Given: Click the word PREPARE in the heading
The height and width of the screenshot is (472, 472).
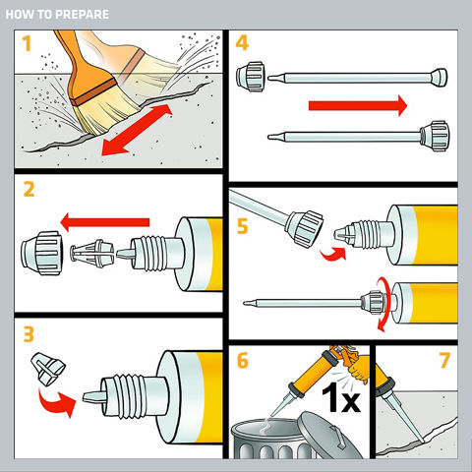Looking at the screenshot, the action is [x=82, y=15].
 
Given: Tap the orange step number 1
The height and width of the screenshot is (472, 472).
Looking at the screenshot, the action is [x=27, y=44].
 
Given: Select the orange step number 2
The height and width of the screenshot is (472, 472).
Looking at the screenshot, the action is [x=29, y=190].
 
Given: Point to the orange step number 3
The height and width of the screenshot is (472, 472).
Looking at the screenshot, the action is [x=29, y=334].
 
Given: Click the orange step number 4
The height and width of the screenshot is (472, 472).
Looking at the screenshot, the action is [x=242, y=42].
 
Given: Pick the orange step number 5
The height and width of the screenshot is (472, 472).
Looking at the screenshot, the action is [x=242, y=226].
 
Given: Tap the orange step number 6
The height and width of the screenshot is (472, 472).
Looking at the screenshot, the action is [x=243, y=360].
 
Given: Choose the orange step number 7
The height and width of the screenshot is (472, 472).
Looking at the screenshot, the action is [x=444, y=360].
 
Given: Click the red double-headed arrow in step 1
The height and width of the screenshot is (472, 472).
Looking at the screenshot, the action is [x=137, y=130].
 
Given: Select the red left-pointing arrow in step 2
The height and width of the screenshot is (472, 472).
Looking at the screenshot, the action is [x=105, y=222].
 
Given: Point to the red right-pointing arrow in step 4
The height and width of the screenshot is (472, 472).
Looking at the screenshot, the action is [x=358, y=105].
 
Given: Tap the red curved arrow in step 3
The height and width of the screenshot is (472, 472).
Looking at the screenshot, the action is [x=57, y=402].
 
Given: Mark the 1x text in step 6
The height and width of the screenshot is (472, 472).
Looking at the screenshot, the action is [x=341, y=397].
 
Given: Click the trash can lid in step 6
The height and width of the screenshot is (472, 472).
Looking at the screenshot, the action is [x=329, y=436].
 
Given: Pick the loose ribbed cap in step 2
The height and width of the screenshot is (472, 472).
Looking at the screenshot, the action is [x=42, y=253].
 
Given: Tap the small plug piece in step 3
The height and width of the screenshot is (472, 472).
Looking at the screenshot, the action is [x=48, y=369].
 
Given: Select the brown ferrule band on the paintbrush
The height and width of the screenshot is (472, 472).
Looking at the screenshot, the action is [x=93, y=91].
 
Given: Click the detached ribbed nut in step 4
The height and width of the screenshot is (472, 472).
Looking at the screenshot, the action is [x=250, y=77].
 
